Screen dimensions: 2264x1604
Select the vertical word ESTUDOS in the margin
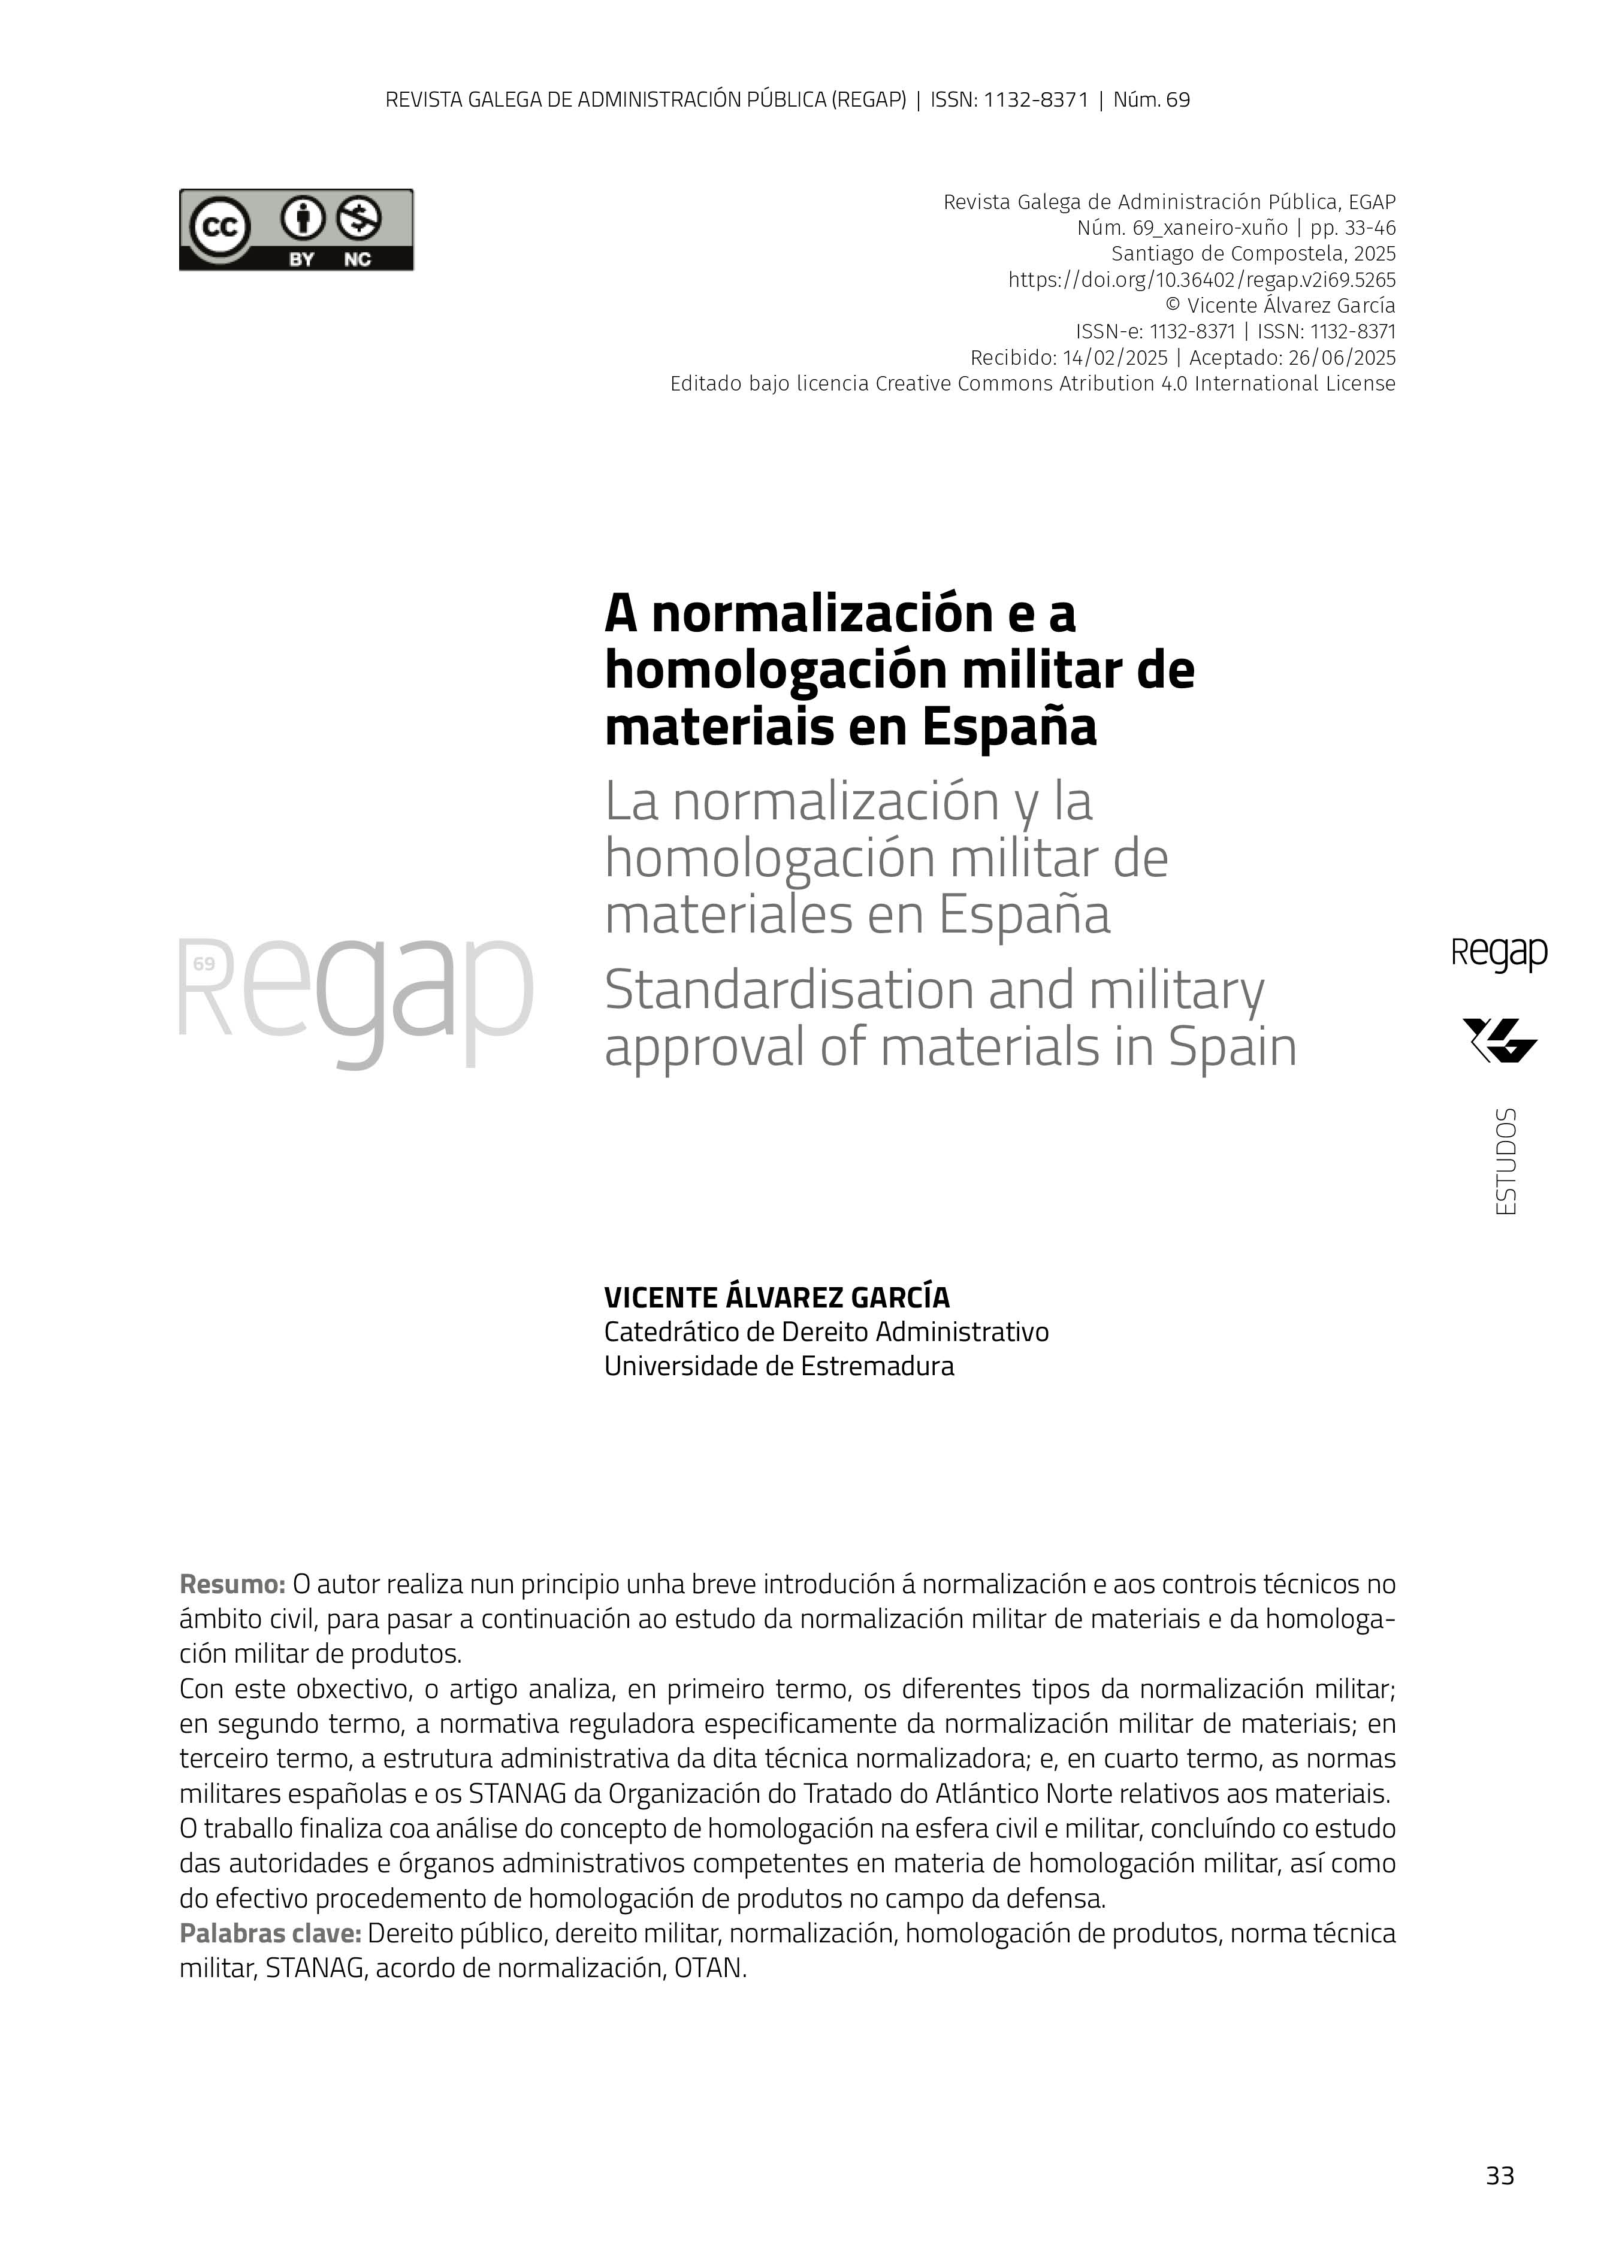point(1505,1161)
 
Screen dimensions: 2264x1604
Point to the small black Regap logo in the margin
point(1499,954)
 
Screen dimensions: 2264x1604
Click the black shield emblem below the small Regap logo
point(1499,1040)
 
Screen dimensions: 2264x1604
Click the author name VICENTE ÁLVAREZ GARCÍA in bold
point(777,1296)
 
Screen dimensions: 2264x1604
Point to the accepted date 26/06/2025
point(1342,358)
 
